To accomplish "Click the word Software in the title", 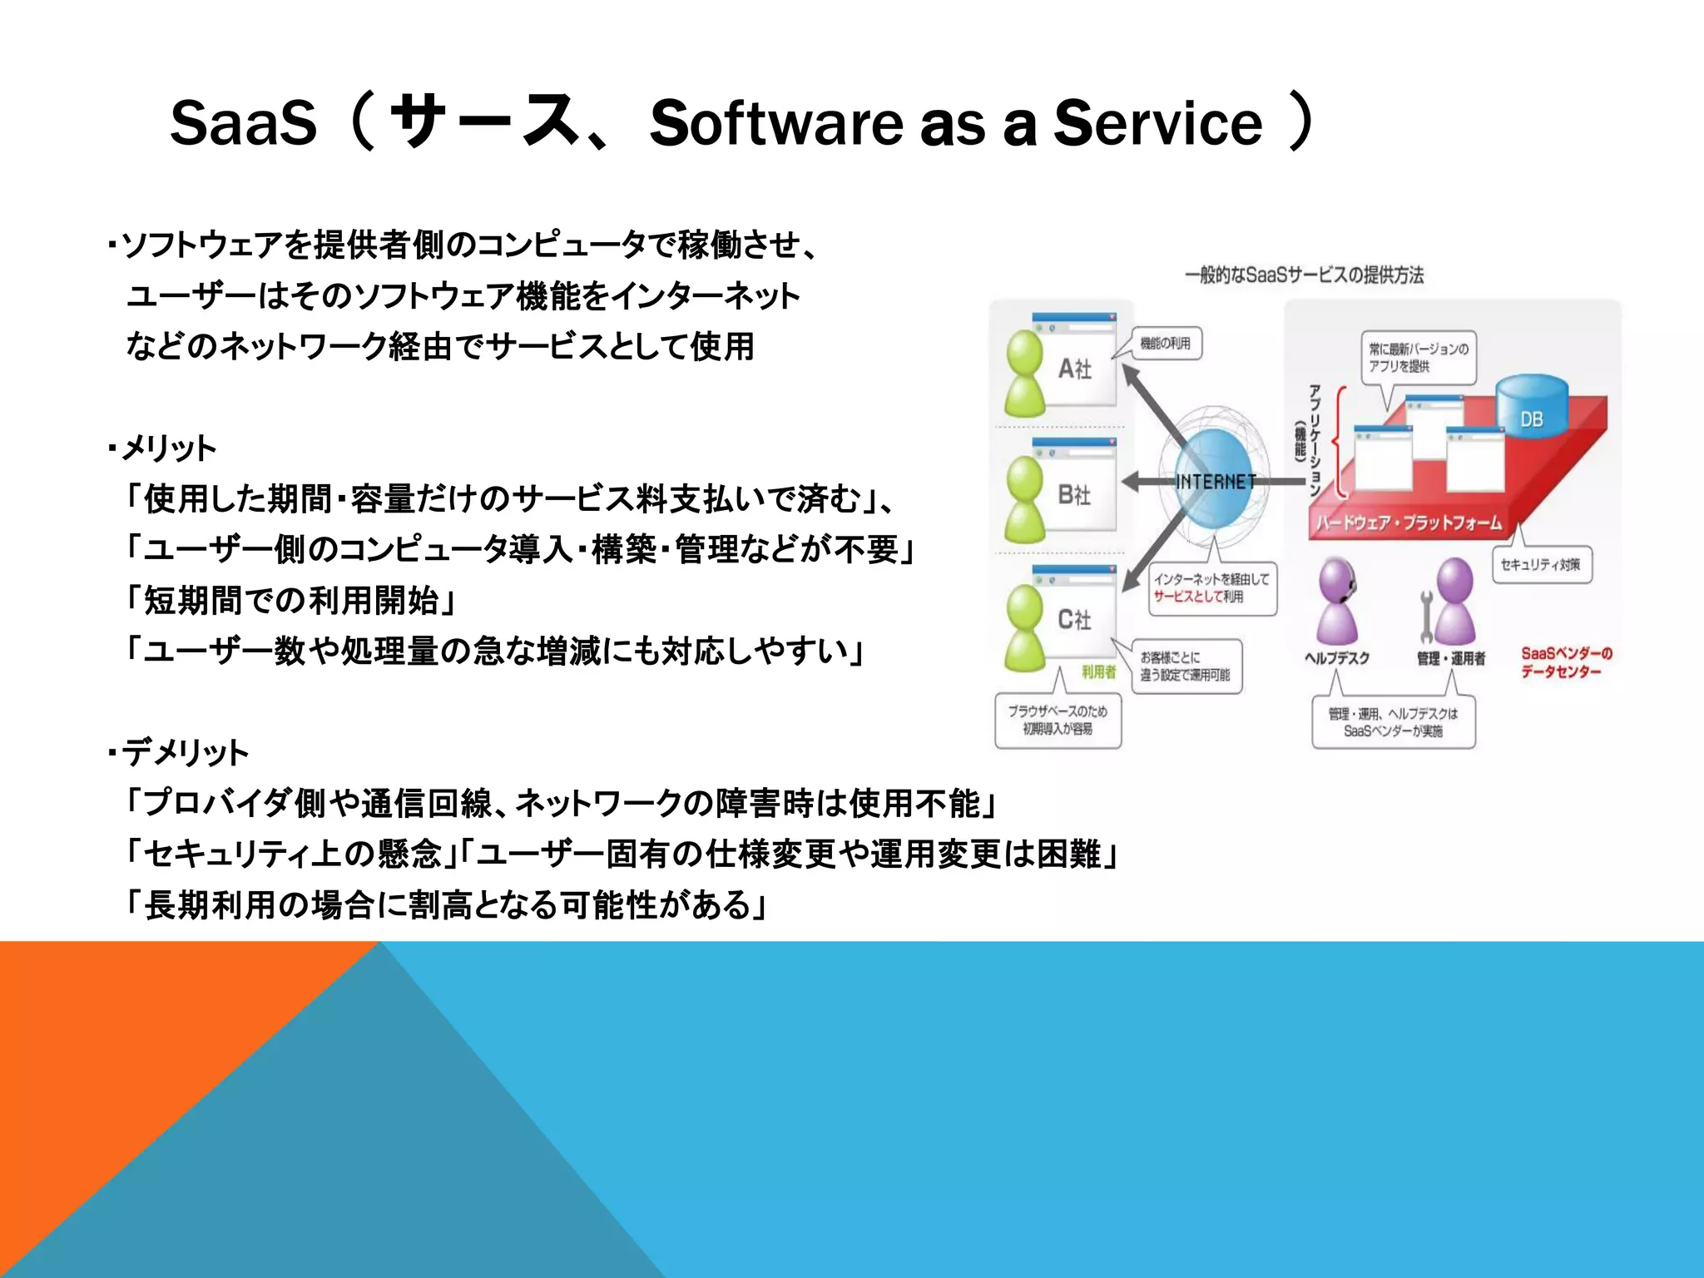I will pos(775,123).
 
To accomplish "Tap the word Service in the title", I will pos(1158,123).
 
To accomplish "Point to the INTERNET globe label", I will pos(1216,482).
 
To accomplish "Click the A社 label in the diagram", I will pos(1074,369).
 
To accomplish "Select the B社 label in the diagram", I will pos(1074,495).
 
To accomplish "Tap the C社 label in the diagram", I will pos(1074,619).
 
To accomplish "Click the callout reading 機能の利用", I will pos(1165,344).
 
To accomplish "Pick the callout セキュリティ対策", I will pos(1541,565).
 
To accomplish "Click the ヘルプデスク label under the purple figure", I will pos(1337,658).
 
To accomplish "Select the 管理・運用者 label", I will pos(1451,658).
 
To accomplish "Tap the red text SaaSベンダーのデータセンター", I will pos(1566,662).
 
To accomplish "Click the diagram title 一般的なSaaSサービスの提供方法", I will pos(1304,275).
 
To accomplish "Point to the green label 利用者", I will pos(1097,671).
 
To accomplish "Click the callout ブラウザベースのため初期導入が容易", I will pos(1058,720).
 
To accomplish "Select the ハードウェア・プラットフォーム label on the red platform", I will pos(1409,523).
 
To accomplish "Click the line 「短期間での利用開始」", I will pos(290,600).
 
